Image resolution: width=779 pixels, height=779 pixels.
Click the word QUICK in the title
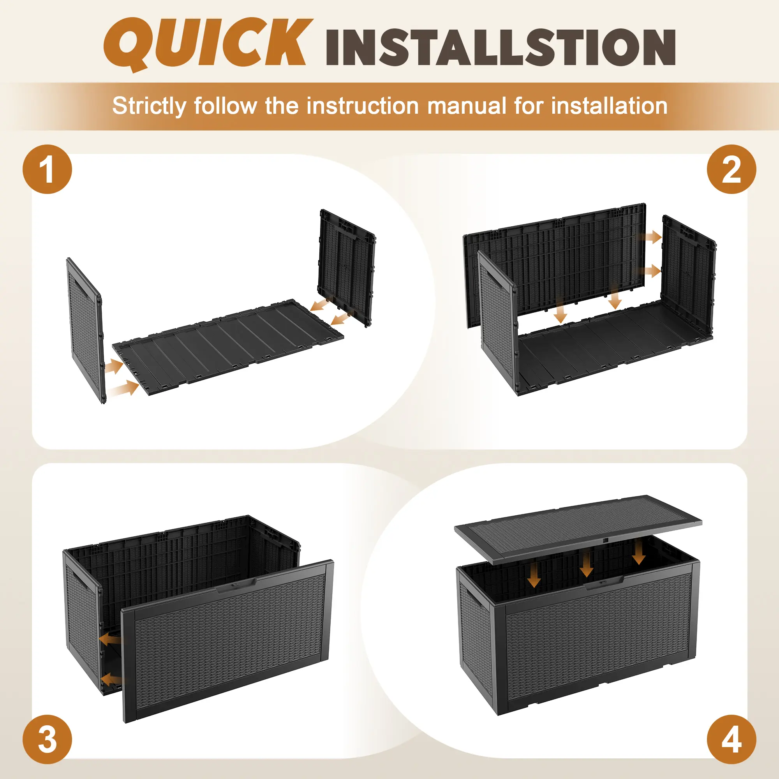[x=208, y=44]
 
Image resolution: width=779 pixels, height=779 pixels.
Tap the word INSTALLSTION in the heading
[x=501, y=48]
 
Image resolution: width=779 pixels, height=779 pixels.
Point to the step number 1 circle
[x=47, y=169]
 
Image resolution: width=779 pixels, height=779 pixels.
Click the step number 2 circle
[x=731, y=169]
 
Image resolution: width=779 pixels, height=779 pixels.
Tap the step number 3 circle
[x=47, y=739]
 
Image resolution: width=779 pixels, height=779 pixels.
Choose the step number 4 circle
[x=731, y=739]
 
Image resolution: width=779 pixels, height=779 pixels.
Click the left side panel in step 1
[x=85, y=330]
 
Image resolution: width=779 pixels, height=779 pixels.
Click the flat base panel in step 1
[x=228, y=346]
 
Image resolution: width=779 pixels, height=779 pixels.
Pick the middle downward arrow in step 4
[x=586, y=564]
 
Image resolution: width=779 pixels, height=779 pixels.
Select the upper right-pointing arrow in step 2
[x=650, y=237]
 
